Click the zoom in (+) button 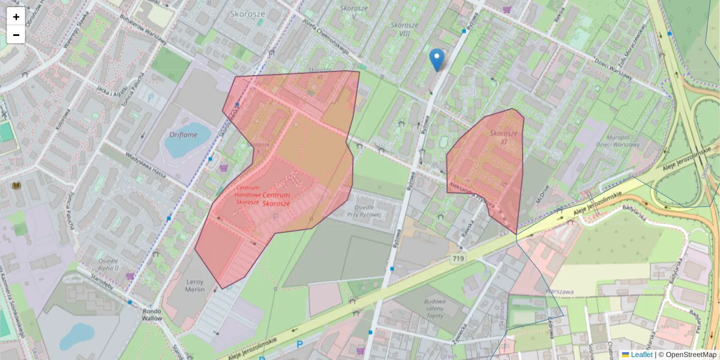coord(16,17)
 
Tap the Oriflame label coord(184,135)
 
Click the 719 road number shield coord(458,258)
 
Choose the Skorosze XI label coord(504,137)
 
